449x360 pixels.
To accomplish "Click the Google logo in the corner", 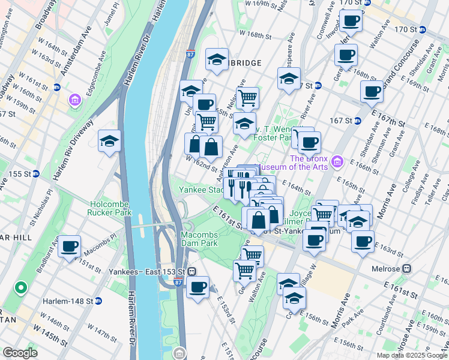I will click(x=20, y=353).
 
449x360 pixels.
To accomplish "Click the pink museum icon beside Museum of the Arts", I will click(x=337, y=161).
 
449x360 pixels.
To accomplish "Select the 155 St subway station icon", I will click(x=35, y=174).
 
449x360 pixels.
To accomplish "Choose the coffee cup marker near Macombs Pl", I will click(x=69, y=246).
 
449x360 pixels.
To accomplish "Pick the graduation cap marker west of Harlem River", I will click(x=109, y=142).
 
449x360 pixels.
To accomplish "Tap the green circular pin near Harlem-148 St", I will click(x=21, y=289).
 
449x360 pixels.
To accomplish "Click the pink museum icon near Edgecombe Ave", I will click(x=75, y=100).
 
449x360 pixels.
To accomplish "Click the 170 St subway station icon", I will click(x=422, y=29).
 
